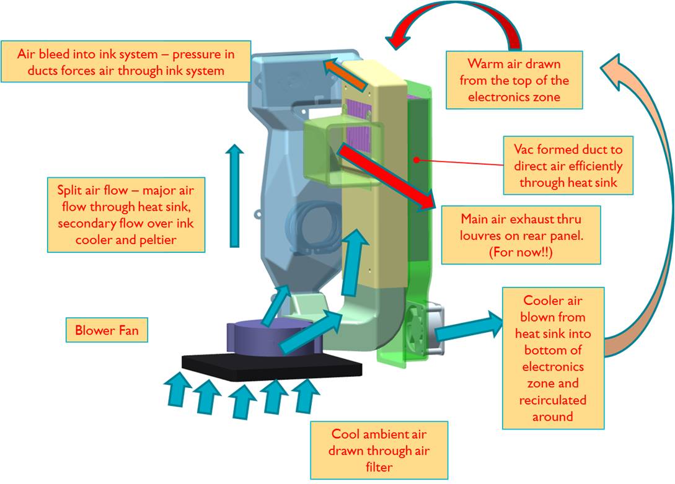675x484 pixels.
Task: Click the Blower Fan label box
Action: [x=107, y=330]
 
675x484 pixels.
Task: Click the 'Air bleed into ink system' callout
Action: [x=126, y=62]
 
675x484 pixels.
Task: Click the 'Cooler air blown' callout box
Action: [x=552, y=358]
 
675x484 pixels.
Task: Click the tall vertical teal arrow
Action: [x=234, y=195]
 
